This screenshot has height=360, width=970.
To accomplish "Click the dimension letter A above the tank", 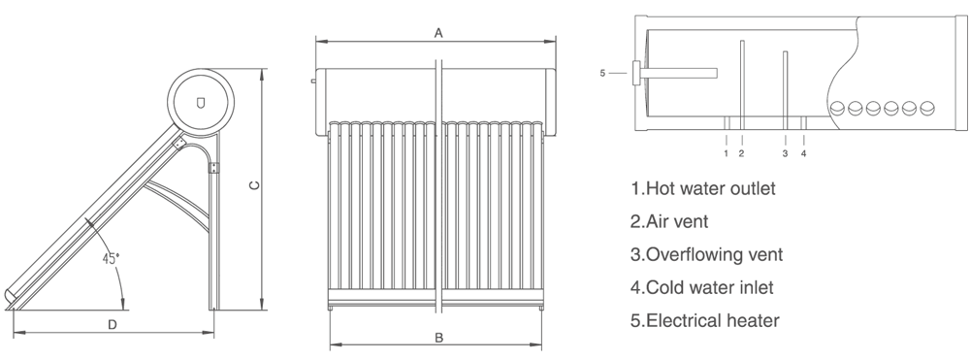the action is click(438, 33).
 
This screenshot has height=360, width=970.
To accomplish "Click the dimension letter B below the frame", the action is click(438, 338).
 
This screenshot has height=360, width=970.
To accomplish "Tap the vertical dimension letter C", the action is click(254, 185).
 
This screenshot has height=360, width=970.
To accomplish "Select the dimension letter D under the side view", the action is click(112, 325).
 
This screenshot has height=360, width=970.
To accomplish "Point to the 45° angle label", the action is click(111, 258).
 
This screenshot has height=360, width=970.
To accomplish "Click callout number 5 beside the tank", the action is click(602, 73).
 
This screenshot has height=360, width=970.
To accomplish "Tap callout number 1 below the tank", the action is click(727, 153).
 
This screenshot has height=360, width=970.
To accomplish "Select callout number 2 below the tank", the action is click(741, 153).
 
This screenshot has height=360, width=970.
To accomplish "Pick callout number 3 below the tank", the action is click(785, 153).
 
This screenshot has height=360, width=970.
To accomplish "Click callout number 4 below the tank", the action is click(803, 153).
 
